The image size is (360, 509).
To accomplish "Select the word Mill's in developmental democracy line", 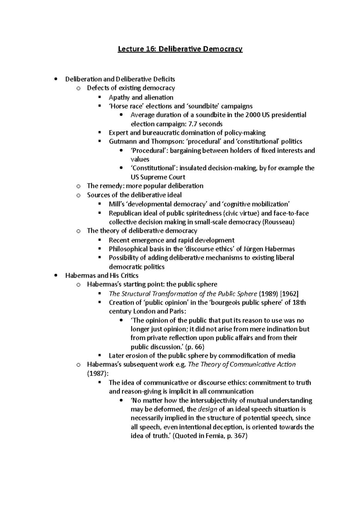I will (x=117, y=204).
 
